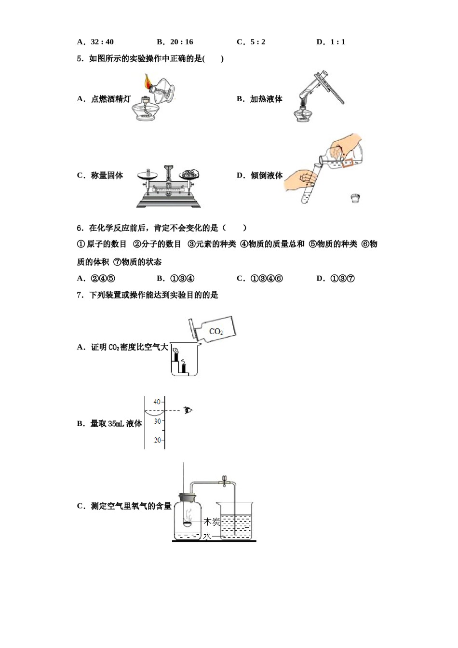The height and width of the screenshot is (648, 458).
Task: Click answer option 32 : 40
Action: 102,42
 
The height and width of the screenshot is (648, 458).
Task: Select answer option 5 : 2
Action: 257,42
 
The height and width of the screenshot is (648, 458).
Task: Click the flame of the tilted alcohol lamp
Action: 147,82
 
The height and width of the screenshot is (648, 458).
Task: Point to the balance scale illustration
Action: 168,186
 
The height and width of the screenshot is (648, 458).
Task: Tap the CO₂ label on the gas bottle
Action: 216,331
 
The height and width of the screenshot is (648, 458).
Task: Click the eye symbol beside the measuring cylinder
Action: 188,410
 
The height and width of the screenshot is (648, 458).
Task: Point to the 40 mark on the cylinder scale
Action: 157,402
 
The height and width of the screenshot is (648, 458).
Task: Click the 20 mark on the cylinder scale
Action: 157,440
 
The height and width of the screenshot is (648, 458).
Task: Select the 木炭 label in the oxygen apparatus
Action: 212,521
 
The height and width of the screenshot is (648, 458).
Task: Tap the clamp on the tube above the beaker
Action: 224,481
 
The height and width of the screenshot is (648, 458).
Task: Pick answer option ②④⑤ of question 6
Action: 103,278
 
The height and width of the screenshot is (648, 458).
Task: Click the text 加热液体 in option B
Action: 266,99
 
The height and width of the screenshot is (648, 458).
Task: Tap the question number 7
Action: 80,295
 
